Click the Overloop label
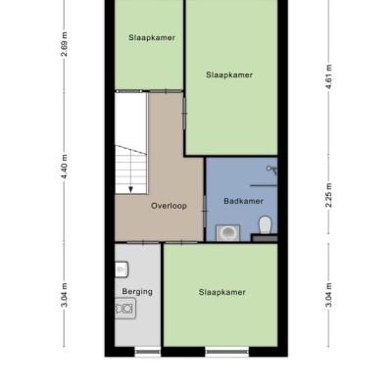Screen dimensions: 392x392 click(x=169, y=206)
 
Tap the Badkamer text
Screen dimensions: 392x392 click(x=243, y=201)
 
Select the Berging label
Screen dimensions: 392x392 click(x=137, y=292)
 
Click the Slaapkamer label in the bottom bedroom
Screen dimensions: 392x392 click(x=221, y=292)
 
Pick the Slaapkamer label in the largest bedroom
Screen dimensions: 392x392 click(x=229, y=74)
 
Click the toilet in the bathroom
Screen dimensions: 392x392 click(x=266, y=225)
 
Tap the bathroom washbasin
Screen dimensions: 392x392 click(x=227, y=232)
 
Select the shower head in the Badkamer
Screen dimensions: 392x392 click(x=271, y=170)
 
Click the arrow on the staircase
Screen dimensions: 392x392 click(x=130, y=189)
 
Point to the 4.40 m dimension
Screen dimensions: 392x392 click(x=65, y=167)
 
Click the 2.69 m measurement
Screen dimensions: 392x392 click(x=65, y=44)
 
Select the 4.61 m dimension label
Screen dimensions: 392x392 click(x=329, y=76)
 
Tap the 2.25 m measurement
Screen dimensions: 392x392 click(x=329, y=195)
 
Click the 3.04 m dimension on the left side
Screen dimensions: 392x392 click(x=65, y=295)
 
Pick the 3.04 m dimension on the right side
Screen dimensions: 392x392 click(x=329, y=295)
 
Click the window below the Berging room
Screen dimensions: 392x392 click(x=148, y=352)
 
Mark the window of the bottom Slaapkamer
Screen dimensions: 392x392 click(x=227, y=352)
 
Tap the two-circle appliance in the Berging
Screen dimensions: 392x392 click(x=125, y=308)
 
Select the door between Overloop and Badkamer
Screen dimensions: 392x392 click(x=205, y=212)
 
